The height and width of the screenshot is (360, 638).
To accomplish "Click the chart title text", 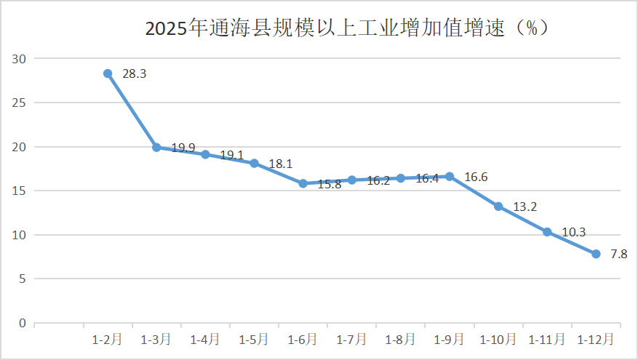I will click(x=346, y=28).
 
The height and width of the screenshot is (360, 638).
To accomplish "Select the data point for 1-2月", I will click(x=108, y=73).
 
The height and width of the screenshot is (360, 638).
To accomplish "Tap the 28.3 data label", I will click(x=135, y=73).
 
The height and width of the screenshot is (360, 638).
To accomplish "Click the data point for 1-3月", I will click(x=156, y=147).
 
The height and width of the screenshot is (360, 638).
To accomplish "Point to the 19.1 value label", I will click(x=231, y=155).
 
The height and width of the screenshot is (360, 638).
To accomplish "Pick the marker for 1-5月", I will click(x=254, y=163).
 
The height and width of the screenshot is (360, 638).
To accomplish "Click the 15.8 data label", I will click(x=330, y=184).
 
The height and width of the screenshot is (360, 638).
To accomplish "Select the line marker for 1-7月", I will click(x=351, y=180).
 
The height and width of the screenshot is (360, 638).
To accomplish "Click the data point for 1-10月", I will click(x=498, y=207).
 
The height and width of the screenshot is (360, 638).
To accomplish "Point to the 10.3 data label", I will click(x=574, y=232).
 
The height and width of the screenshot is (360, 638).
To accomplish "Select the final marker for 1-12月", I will click(x=596, y=254).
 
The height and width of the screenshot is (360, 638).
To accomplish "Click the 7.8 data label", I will click(x=619, y=254).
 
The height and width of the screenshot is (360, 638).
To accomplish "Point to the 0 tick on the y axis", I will click(x=23, y=323).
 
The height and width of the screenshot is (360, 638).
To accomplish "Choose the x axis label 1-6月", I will click(x=302, y=340).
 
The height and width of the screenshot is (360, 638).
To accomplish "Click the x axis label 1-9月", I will click(x=448, y=340).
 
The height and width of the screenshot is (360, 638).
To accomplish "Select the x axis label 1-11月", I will click(x=546, y=340).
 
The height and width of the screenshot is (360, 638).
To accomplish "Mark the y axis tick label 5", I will click(x=23, y=279).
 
